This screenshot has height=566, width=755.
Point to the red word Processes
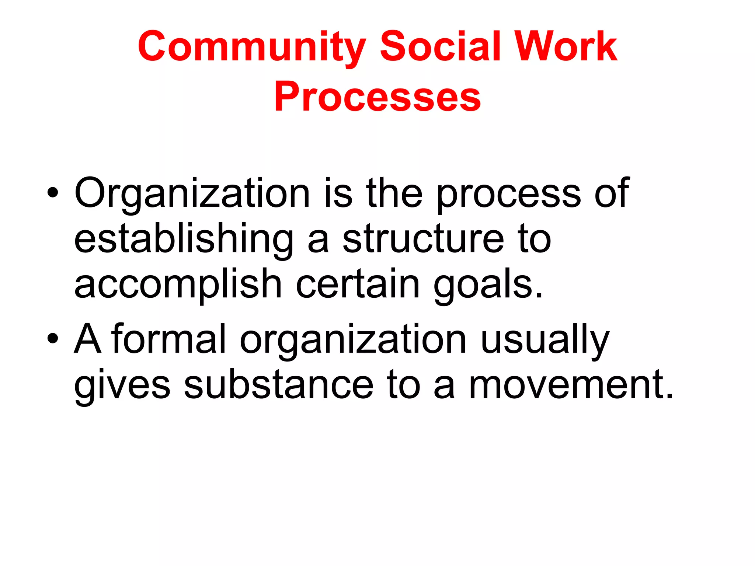click(377, 97)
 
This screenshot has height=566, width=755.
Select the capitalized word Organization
click(192, 193)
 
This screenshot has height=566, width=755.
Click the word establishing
click(184, 240)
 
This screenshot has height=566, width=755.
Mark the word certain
click(358, 284)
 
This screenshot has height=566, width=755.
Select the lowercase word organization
click(353, 340)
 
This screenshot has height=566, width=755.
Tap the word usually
click(545, 340)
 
